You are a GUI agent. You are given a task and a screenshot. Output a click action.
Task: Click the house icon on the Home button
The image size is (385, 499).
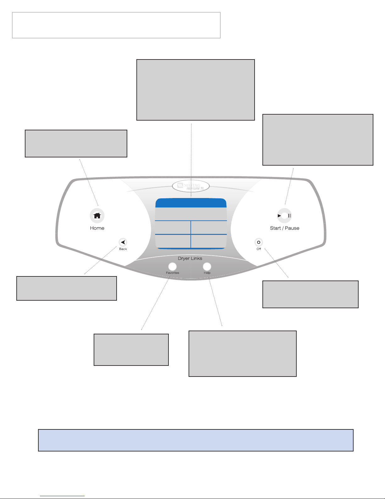point(97,216)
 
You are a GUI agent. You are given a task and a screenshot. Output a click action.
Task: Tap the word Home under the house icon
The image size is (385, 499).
point(97,228)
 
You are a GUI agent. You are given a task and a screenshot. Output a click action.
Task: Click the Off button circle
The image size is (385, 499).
point(259,242)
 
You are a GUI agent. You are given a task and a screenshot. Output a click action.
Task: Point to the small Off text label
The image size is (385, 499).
point(259,249)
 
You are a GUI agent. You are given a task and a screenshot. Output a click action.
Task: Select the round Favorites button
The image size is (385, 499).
point(172,266)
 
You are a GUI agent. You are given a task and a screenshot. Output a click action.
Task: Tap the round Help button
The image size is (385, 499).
point(207,266)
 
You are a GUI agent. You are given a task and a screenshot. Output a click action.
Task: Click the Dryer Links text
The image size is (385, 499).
point(190,258)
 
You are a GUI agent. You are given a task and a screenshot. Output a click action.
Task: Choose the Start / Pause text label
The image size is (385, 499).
point(284,228)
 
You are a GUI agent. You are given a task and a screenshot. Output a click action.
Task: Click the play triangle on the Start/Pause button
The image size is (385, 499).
point(279,216)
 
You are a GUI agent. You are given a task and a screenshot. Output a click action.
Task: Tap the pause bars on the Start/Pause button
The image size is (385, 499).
point(289,216)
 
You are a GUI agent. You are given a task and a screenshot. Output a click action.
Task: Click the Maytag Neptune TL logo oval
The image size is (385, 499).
point(191,186)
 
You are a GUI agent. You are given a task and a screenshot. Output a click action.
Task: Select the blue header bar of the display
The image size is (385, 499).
point(191,203)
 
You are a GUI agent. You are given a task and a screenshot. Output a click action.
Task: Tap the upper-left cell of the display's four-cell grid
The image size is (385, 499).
point(173,227)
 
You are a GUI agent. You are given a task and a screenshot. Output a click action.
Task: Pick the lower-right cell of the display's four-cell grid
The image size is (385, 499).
point(209,241)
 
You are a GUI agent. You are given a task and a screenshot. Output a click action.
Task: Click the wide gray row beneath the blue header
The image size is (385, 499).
point(191,214)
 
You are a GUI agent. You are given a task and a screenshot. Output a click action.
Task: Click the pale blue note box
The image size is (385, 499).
point(195,440)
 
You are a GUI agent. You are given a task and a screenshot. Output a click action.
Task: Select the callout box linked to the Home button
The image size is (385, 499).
point(76,143)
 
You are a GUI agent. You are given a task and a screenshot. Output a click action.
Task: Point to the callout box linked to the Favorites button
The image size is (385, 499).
point(131,349)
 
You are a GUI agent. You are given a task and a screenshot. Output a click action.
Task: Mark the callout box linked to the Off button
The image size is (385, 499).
point(310,294)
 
